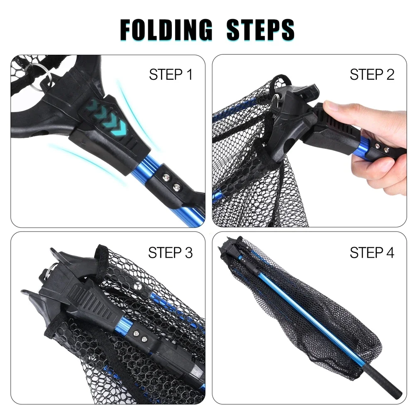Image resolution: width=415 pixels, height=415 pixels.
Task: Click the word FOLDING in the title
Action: tap(166, 29)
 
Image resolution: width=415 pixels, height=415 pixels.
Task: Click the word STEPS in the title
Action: tap(261, 29)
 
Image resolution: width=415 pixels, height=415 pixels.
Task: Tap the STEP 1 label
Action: tap(171, 74)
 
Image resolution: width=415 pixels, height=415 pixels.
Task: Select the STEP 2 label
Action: tap(372, 74)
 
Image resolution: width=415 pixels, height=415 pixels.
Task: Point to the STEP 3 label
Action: tap(170, 252)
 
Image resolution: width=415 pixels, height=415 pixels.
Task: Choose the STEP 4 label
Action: tap(372, 252)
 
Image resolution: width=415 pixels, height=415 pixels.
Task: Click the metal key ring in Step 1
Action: tap(40, 77)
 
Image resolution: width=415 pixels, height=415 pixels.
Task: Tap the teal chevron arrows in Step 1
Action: tap(107, 117)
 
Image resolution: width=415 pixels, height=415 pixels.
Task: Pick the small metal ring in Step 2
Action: tap(275, 100)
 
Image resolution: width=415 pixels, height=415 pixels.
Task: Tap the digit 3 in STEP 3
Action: tap(188, 252)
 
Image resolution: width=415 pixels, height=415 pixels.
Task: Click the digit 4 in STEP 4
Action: tap(390, 252)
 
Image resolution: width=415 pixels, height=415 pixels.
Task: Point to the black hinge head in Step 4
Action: tap(230, 247)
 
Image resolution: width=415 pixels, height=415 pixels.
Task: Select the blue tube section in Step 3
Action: tap(125, 325)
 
